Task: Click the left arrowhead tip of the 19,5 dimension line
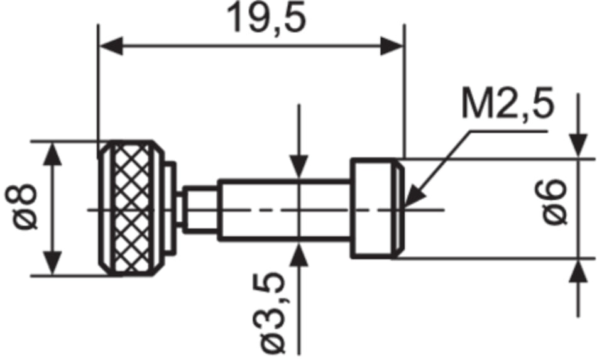click(99, 46)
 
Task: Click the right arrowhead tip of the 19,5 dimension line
click(403, 46)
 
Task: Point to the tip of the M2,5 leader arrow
click(405, 207)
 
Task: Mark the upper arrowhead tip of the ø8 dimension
click(53, 143)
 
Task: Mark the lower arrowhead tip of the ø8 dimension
click(53, 275)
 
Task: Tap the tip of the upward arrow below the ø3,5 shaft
click(299, 243)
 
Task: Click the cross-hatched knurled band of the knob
click(132, 209)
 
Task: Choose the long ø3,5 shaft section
click(285, 210)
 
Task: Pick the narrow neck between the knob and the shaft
click(200, 210)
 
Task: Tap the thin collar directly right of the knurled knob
click(171, 208)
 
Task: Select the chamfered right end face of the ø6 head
click(398, 209)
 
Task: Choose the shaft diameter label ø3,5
click(273, 313)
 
